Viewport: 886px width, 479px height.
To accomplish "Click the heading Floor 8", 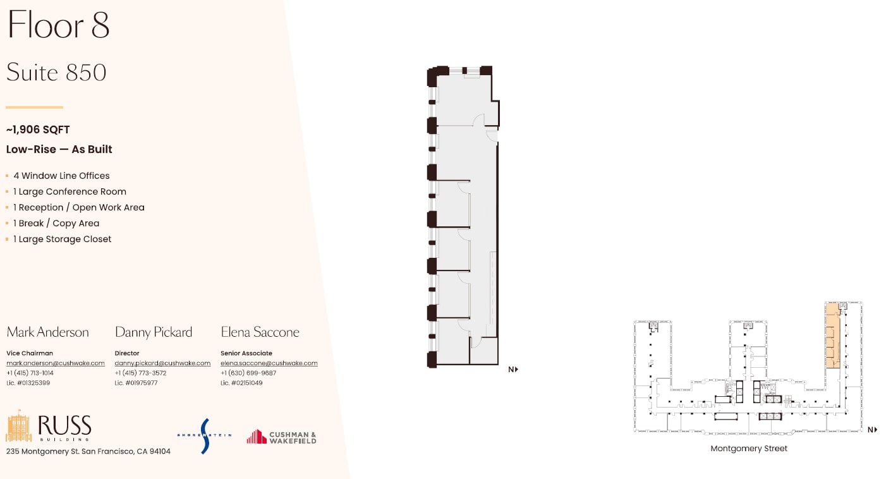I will (x=58, y=25).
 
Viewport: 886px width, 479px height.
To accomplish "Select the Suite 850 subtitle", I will (x=56, y=73).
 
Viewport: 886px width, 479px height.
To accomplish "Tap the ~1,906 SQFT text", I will (x=38, y=130).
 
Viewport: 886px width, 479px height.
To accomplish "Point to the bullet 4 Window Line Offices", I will (x=61, y=176).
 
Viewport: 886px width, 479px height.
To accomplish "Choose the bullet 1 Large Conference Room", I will (x=70, y=191).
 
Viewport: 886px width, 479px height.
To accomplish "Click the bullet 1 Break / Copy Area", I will (x=56, y=223).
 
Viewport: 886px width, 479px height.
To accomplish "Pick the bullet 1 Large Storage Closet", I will (x=62, y=239).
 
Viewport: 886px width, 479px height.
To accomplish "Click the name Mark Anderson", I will (x=47, y=332).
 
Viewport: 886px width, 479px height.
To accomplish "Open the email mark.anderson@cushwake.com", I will (x=56, y=363).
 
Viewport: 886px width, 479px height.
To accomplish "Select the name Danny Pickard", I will (x=154, y=332).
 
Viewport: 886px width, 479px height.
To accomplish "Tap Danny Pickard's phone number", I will (x=140, y=373).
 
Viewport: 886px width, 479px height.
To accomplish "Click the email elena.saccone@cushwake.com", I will (x=269, y=363).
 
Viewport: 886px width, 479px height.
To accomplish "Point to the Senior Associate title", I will (x=246, y=353).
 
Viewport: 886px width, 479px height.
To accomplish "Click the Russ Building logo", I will (x=49, y=428).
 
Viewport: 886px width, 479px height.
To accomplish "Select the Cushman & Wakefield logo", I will (x=282, y=437).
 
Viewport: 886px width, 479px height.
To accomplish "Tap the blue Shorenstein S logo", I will (x=204, y=435).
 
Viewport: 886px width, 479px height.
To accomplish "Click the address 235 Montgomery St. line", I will (x=88, y=451).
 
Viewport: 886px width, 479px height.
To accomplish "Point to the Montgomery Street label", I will (x=749, y=449).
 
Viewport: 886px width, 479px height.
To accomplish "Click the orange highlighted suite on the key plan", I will (x=832, y=338).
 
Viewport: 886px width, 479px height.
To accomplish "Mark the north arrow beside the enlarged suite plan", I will (x=513, y=370).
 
